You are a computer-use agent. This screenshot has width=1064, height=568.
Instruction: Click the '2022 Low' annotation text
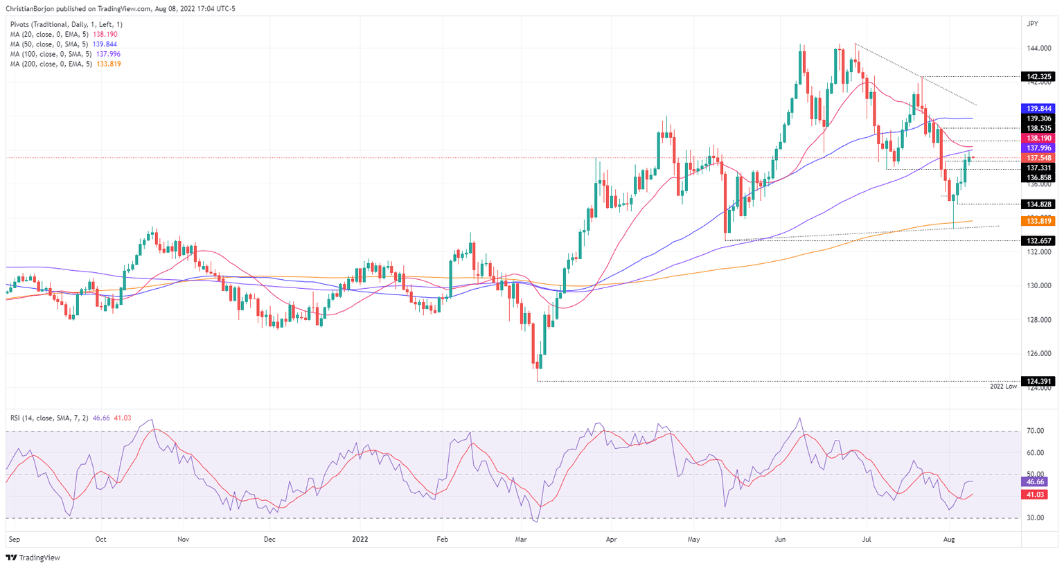(1003, 386)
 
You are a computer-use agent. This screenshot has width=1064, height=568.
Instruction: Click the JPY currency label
(1032, 24)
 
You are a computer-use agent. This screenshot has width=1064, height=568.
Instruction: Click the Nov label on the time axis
(184, 539)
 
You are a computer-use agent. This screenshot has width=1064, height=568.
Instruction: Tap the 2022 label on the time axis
(360, 539)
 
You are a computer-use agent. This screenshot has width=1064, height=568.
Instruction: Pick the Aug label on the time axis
(950, 539)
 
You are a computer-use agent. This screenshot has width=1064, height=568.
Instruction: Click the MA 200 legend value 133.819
(107, 64)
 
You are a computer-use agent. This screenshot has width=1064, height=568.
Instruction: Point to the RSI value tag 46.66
(1037, 481)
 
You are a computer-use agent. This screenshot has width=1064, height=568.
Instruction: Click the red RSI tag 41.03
(1037, 495)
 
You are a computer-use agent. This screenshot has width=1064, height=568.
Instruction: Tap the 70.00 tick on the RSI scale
(1036, 431)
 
